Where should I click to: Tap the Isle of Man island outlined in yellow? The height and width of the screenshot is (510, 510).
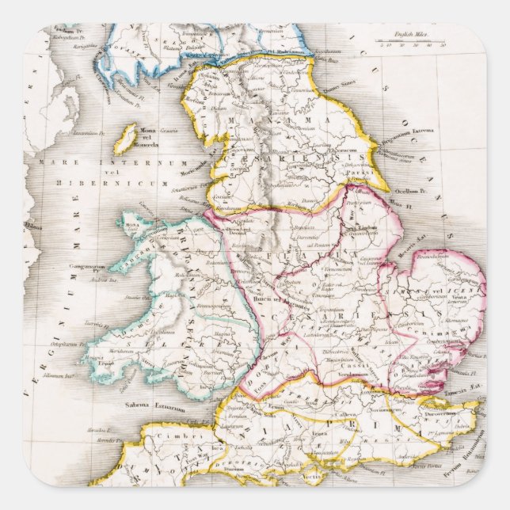point(124,140)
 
